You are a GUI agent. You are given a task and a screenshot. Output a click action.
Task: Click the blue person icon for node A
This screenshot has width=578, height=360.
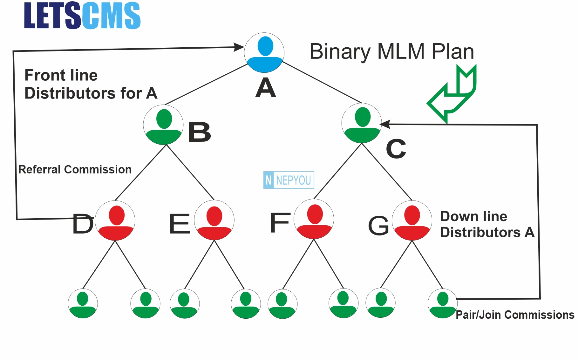(264, 53)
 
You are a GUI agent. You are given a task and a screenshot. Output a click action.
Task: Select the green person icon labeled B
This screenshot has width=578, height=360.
(163, 125)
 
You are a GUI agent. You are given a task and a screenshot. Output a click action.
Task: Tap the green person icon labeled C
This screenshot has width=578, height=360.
(362, 123)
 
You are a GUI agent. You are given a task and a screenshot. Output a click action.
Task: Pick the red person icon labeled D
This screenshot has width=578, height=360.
(115, 221)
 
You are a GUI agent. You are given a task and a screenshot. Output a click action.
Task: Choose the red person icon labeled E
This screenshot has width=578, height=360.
(214, 220)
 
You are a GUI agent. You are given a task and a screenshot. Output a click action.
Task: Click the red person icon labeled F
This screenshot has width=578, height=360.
(314, 219)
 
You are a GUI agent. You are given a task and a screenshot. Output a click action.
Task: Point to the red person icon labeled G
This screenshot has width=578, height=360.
(412, 221)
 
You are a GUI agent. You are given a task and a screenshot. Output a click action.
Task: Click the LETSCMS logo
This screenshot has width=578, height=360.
(82, 16)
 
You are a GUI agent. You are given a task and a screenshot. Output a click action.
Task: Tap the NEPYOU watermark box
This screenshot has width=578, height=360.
(289, 180)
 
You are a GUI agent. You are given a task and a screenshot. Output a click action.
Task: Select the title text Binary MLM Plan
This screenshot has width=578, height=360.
(392, 51)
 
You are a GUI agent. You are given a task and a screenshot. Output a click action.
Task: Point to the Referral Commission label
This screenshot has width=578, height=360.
(75, 169)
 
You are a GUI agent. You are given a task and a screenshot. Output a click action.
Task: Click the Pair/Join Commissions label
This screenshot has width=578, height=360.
(515, 315)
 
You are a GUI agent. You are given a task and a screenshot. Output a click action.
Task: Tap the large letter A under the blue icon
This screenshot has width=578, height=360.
(266, 88)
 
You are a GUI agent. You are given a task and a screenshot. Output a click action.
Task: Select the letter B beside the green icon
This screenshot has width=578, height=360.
(200, 132)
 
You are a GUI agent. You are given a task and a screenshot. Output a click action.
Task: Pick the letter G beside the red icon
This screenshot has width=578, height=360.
(378, 226)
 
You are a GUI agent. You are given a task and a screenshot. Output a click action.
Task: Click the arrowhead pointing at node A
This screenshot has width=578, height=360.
(239, 47)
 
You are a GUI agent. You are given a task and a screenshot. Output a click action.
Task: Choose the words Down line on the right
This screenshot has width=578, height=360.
(473, 216)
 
